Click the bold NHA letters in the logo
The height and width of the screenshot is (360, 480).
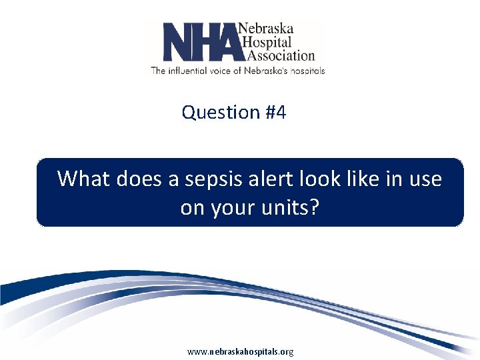click(x=200, y=42)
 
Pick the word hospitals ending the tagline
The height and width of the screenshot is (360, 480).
click(x=305, y=70)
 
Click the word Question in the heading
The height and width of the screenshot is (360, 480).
click(x=221, y=113)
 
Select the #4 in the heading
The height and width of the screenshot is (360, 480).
click(x=275, y=113)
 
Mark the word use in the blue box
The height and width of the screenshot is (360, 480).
click(x=426, y=179)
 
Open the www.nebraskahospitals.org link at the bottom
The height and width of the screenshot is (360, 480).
click(x=240, y=351)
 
